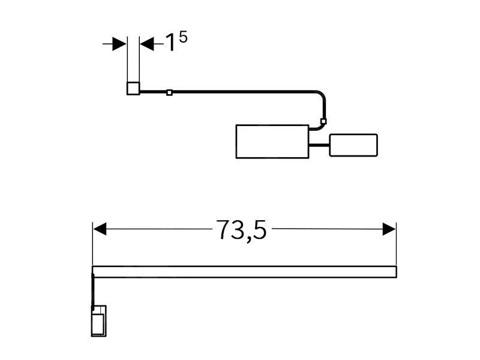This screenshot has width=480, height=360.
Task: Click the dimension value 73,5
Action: click(x=241, y=230)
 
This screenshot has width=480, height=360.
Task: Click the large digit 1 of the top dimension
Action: click(x=170, y=43)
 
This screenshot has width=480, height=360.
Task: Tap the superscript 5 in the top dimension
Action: click(x=183, y=37)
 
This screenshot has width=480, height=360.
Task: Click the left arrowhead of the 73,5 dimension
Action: click(x=100, y=229)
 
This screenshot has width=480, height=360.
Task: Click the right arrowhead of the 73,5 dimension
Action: click(x=389, y=229)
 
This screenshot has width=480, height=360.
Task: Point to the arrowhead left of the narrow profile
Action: click(x=119, y=44)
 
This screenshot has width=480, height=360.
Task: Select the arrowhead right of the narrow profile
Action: click(x=147, y=44)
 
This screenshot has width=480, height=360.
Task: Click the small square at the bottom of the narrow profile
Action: click(x=133, y=88)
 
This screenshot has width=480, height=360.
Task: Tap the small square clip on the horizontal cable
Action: click(x=169, y=92)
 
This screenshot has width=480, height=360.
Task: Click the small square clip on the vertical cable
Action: click(x=323, y=121)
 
